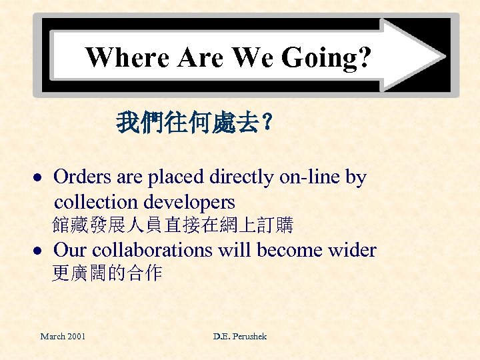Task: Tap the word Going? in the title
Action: pos(327,58)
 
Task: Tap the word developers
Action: pos(193,202)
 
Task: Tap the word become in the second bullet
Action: pos(285,251)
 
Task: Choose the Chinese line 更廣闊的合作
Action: pos(107,273)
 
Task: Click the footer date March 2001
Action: pos(63,337)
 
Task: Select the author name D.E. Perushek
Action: pos(240,337)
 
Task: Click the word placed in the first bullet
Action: pos(175,177)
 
